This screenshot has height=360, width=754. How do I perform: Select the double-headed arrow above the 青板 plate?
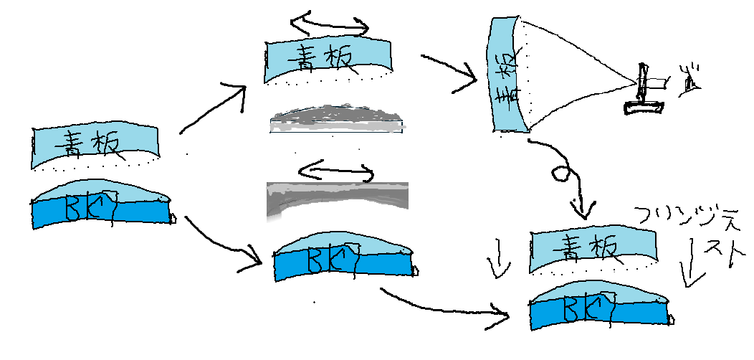click(329, 24)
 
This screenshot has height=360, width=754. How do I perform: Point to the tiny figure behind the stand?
click(690, 80)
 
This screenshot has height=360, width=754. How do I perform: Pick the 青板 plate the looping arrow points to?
click(592, 250)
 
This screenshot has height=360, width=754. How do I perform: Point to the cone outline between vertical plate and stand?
click(581, 72)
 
